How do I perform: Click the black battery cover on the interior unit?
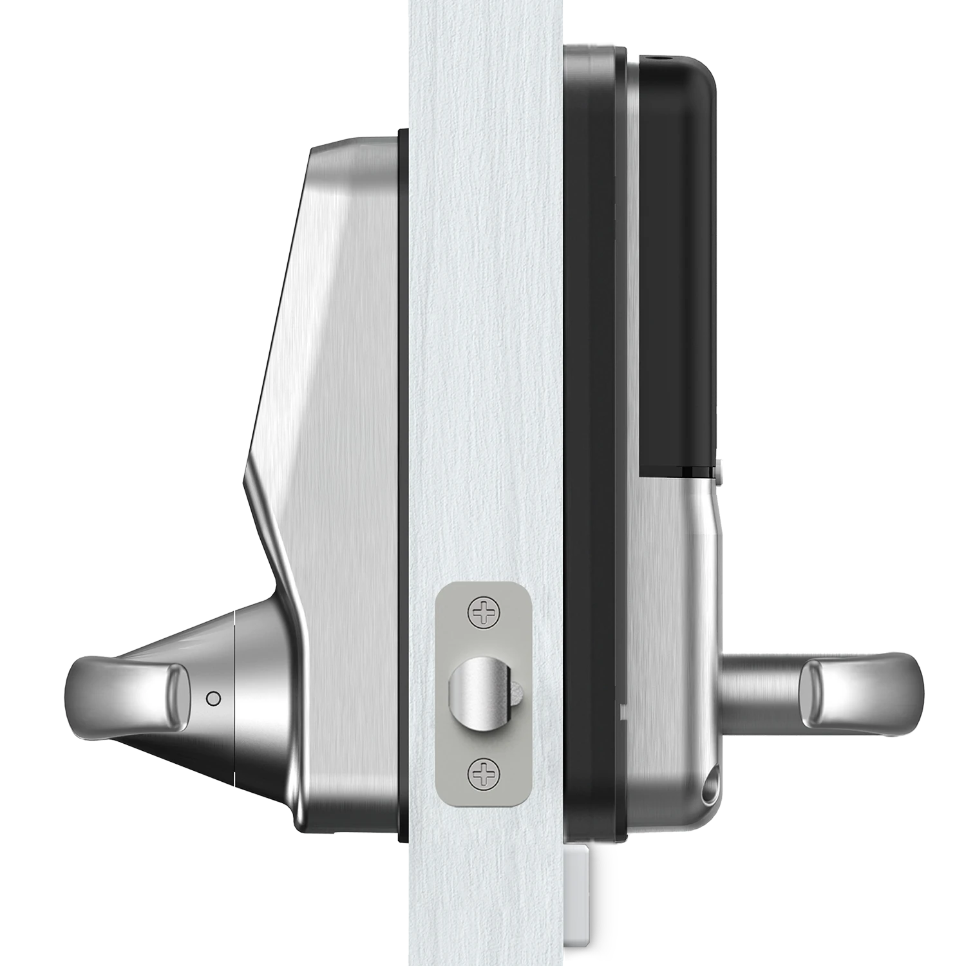[676, 258]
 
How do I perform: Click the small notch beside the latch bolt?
[517, 693]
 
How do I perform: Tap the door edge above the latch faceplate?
[483, 322]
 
